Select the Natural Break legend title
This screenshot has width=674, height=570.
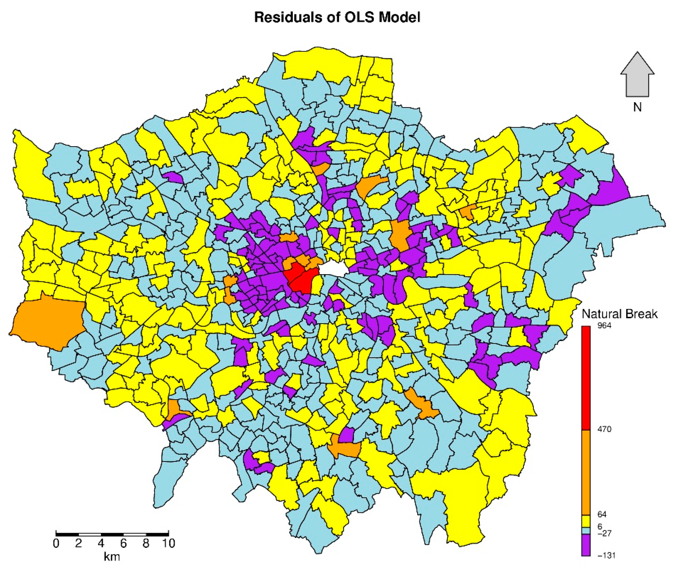click(x=619, y=314)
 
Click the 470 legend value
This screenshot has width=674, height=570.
click(x=604, y=429)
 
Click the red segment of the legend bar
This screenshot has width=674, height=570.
click(x=586, y=378)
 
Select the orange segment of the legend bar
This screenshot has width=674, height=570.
click(x=586, y=472)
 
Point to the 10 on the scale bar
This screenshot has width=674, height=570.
click(x=168, y=543)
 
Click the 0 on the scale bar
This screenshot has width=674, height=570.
click(x=56, y=543)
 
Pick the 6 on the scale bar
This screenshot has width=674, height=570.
click(x=123, y=543)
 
